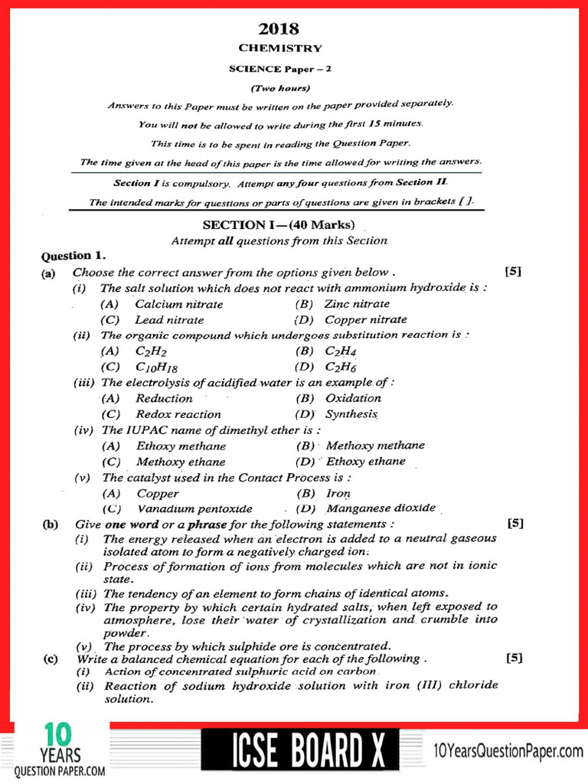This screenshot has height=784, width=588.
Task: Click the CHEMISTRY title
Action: (280, 48)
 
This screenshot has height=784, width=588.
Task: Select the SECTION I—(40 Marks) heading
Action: (279, 225)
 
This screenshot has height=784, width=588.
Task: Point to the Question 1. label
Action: (73, 256)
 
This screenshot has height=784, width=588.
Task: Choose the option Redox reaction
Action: (178, 414)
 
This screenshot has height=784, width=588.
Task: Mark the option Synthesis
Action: (351, 414)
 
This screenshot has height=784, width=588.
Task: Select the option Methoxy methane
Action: (375, 446)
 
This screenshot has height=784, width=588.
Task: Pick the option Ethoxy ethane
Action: (365, 462)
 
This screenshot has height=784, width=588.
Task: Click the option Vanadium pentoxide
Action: (194, 508)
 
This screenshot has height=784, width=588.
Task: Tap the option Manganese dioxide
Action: (381, 508)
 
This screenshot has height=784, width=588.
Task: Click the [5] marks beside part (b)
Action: (515, 524)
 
